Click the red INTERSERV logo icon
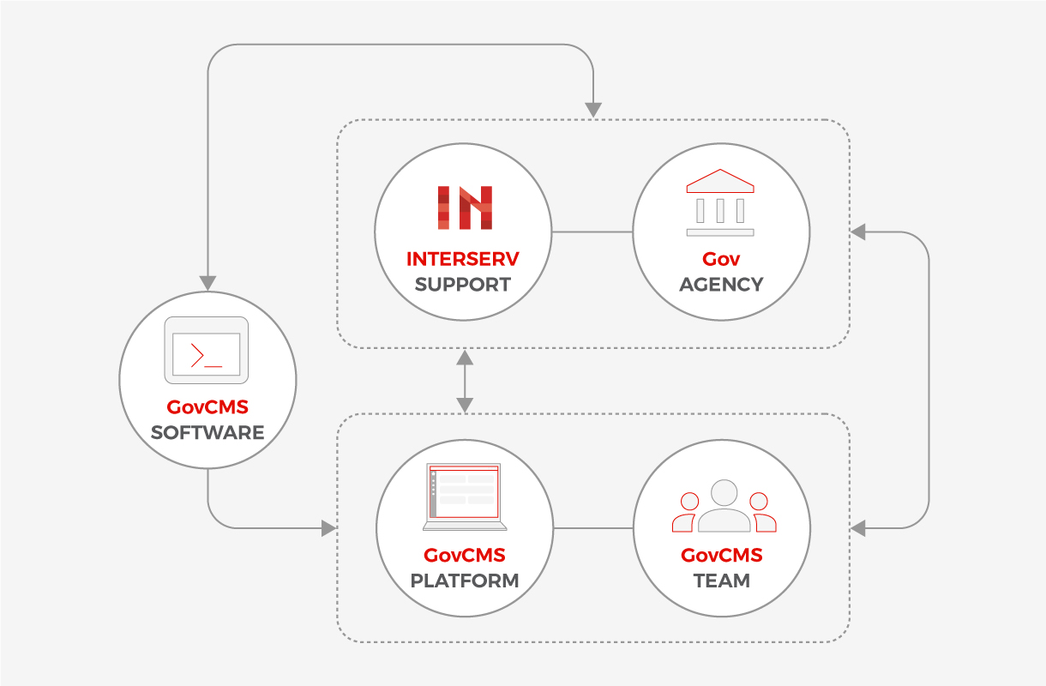tap(465, 208)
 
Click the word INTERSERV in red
tap(463, 259)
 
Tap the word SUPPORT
tap(463, 285)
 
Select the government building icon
tap(720, 202)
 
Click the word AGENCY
tap(721, 285)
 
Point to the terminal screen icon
tap(207, 350)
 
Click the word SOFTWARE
tap(207, 432)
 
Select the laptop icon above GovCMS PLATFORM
tap(465, 496)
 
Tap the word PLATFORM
tap(465, 581)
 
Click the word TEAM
tap(722, 581)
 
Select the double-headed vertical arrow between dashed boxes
tap(465, 380)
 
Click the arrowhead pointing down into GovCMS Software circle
tap(207, 283)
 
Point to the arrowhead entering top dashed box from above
tap(593, 110)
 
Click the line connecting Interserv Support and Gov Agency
tap(592, 232)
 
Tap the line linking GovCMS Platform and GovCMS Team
tap(593, 527)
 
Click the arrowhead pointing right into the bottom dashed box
tap(328, 528)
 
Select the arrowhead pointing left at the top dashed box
tap(858, 232)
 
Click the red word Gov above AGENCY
tap(721, 259)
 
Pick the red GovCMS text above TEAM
tap(722, 555)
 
